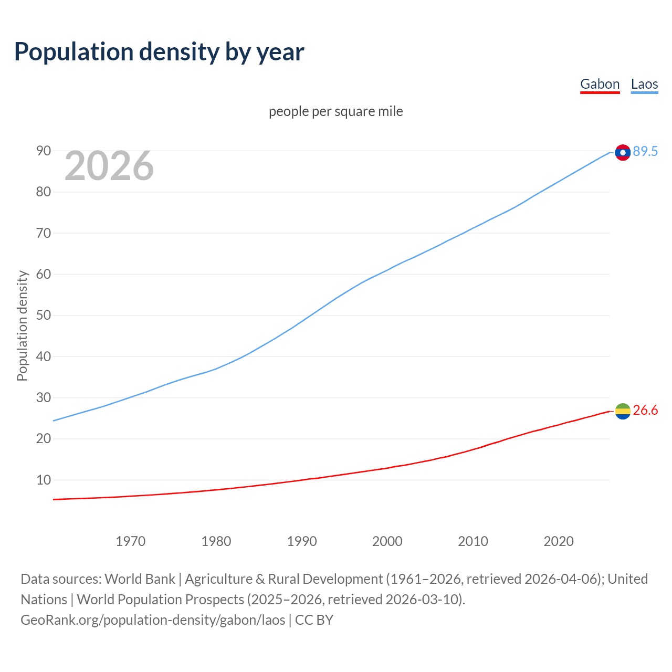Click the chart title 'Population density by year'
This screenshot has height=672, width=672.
159,51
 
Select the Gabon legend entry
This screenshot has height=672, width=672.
600,84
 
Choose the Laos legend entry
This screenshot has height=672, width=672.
644,84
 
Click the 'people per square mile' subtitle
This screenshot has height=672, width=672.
335,111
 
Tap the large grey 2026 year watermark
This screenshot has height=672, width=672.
109,166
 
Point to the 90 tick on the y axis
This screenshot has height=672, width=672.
44,151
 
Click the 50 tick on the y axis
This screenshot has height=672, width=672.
44,316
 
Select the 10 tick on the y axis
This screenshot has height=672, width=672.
44,480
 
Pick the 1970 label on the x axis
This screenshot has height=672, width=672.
130,541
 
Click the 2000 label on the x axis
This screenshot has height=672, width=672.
387,541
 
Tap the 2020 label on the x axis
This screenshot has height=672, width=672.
558,541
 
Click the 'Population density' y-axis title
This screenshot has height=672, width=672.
22,325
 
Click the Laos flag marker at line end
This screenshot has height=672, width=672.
623,152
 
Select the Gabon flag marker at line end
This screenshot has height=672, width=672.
623,411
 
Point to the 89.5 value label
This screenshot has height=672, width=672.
645,152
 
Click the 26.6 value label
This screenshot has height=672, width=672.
645,411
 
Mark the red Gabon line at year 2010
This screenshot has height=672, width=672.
472,449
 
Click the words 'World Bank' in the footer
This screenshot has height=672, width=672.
140,579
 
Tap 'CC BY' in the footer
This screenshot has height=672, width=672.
314,620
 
